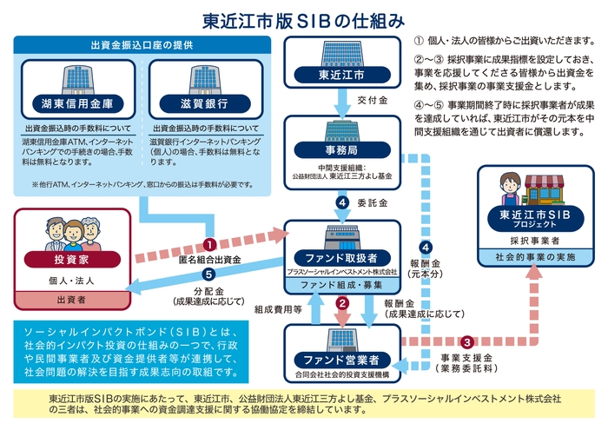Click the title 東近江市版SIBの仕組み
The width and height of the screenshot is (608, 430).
pos(304,18)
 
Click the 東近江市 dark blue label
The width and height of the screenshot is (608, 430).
pos(341,75)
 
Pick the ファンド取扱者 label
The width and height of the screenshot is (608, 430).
pos(341,258)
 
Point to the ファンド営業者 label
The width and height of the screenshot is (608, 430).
pos(341,359)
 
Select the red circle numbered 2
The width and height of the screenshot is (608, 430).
pos(342,303)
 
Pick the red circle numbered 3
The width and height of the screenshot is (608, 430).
pos(466,341)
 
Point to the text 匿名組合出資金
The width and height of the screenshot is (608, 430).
pos(210,260)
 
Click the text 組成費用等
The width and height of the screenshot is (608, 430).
pos(277,308)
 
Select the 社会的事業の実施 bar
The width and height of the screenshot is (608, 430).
pos(530,258)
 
